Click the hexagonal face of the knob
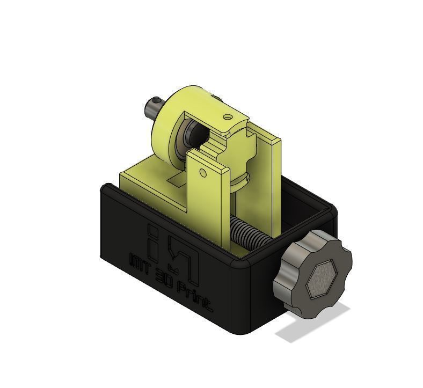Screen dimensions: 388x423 [x=323, y=279]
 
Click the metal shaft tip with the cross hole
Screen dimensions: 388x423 [x=154, y=105]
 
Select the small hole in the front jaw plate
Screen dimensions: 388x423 [x=202, y=173]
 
